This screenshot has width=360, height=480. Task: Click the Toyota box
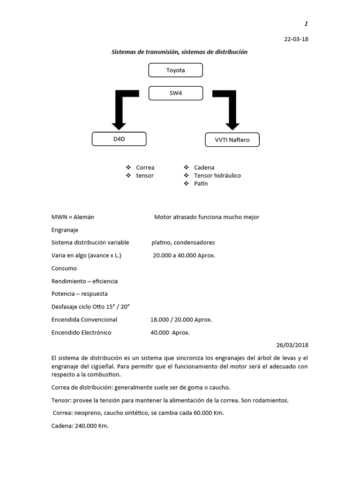coord(175,70)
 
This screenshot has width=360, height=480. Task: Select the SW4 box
coord(175,93)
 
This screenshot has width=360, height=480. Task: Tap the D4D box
coord(119,139)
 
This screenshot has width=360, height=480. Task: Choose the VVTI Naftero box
coord(232,140)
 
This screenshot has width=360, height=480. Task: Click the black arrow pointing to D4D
coord(120,112)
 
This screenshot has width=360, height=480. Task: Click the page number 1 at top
coord(306,24)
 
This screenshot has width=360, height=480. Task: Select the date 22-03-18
coord(296,39)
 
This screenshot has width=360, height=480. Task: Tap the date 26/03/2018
coord(292,345)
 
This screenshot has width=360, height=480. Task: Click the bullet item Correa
coord(145,167)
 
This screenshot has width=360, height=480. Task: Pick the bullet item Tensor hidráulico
coord(217,175)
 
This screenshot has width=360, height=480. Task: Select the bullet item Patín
coord(201,183)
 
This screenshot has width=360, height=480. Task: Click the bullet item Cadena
coord(204,167)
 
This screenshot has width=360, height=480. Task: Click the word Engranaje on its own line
coord(65,230)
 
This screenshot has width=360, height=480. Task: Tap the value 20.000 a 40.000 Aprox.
coord(184,255)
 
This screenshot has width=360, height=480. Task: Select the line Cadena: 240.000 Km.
coord(80,426)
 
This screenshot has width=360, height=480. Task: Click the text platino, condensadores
coord(183,243)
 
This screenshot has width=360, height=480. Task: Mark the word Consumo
coord(64,269)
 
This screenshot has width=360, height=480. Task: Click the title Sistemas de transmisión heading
coord(179,52)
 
